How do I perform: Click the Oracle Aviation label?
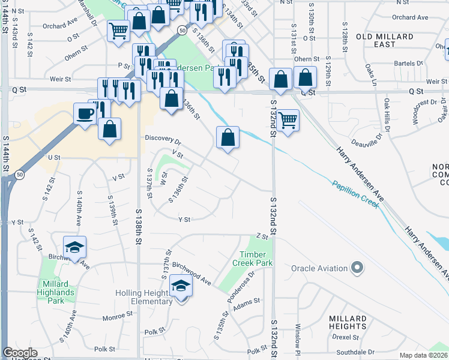point(321,268)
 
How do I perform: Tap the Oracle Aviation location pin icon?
point(358,268)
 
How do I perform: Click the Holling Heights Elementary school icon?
point(180,287)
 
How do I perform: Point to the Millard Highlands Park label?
point(58,288)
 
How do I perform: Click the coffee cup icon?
point(85,113)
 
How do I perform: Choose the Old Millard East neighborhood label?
point(385,40)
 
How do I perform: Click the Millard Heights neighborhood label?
point(348,322)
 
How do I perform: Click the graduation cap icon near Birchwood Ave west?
point(74,248)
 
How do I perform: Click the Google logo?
point(20,353)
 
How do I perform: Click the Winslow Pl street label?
point(298,338)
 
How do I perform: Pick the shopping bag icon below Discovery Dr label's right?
point(228,138)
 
